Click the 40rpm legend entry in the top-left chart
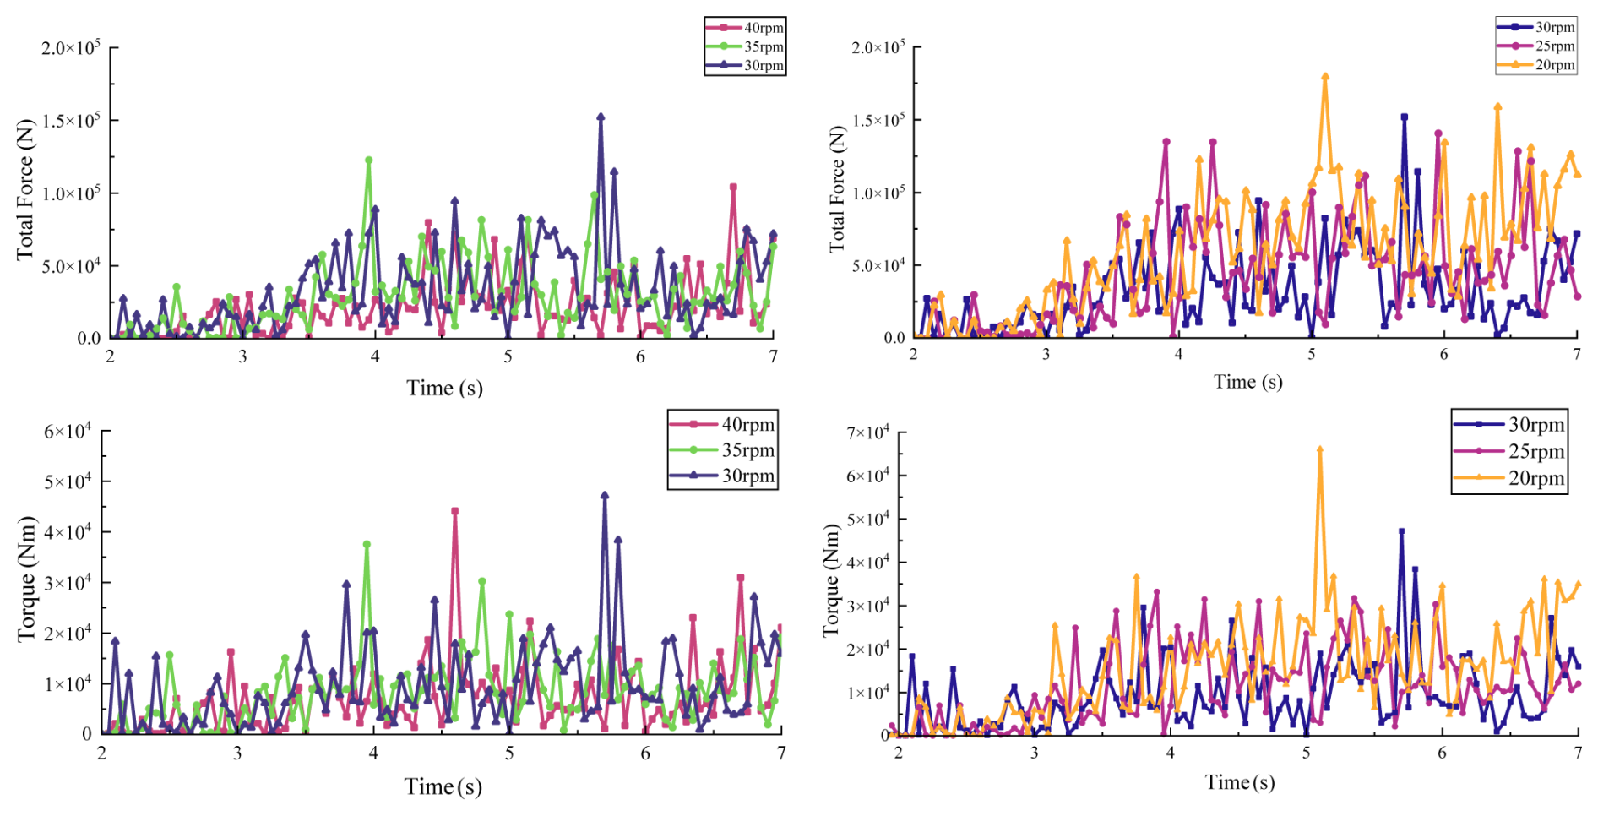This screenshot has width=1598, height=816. tap(746, 28)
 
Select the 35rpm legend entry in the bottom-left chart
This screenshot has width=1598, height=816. tap(723, 449)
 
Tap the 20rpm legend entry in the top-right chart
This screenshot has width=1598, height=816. tap(1536, 65)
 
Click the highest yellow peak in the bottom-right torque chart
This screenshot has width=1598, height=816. tap(1320, 450)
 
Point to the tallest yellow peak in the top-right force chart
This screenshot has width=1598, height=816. tap(1325, 77)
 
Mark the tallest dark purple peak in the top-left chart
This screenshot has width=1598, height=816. tap(601, 117)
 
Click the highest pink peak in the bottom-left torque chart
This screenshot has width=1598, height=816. tap(455, 511)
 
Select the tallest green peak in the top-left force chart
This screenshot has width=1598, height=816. tap(368, 160)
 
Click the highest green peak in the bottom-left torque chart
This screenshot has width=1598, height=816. tap(367, 545)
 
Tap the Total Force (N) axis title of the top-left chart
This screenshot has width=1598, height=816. tap(25, 189)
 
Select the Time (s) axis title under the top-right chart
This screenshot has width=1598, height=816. tap(1247, 382)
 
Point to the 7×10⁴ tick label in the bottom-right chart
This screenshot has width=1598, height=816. tap(867, 432)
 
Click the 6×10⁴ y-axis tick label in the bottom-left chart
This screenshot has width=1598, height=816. tap(68, 432)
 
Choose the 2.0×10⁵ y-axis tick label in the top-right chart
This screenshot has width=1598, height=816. tap(878, 46)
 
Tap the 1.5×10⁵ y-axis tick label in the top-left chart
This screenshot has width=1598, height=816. tap(71, 121)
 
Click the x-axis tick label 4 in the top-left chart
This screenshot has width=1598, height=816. tap(375, 356)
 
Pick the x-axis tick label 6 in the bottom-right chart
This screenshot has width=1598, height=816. tap(1442, 753)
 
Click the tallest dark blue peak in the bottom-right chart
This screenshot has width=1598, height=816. tap(1401, 532)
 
